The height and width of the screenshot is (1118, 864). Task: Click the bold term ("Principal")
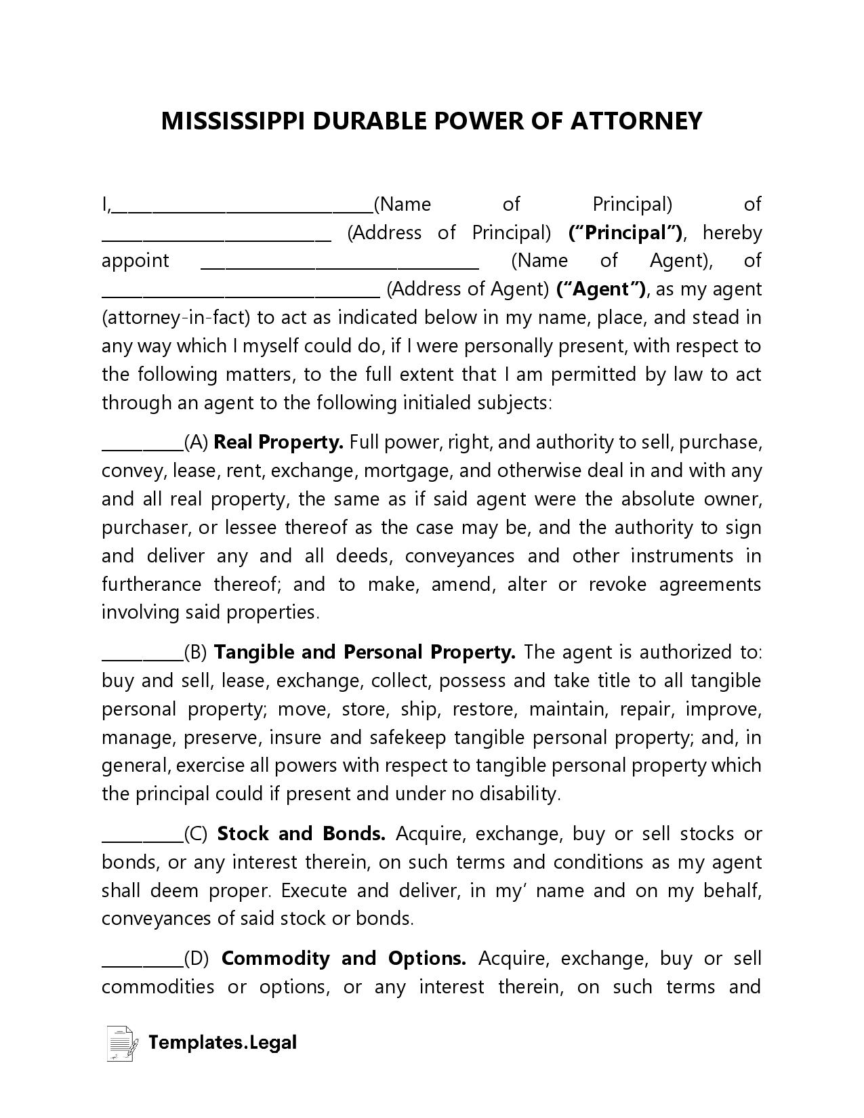coord(625,233)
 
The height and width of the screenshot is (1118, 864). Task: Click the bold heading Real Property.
coord(279,442)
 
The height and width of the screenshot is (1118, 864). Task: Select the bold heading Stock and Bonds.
coord(301,834)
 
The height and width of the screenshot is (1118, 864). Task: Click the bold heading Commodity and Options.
coord(344,959)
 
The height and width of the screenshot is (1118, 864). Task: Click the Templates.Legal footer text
coord(222,1043)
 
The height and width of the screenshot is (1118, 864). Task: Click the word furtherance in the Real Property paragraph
coord(151,584)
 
